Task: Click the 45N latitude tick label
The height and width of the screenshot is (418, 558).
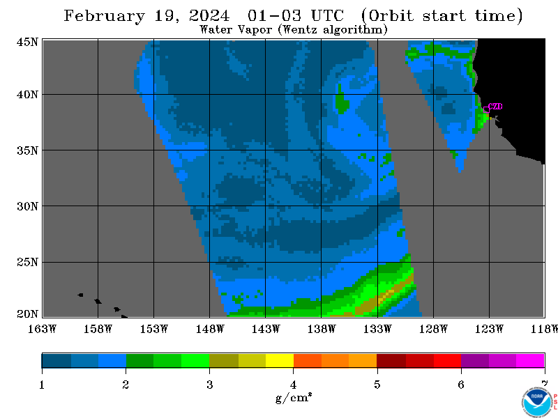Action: (x=27, y=42)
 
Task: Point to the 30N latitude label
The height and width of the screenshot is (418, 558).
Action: (x=27, y=206)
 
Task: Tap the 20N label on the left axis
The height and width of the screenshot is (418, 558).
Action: (x=27, y=314)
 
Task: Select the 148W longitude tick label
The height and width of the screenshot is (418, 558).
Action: (x=210, y=329)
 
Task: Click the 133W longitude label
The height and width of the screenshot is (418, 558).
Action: (x=377, y=329)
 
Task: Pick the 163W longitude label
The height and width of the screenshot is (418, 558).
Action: (x=43, y=329)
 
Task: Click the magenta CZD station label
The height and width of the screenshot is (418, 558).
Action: (x=495, y=107)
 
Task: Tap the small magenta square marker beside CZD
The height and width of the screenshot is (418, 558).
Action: (x=486, y=110)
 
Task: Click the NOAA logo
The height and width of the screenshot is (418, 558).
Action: (x=537, y=401)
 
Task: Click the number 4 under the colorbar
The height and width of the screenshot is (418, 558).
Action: (x=293, y=385)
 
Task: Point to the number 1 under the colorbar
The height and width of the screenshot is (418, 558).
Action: (x=42, y=385)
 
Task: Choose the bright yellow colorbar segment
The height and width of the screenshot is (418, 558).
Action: (x=280, y=360)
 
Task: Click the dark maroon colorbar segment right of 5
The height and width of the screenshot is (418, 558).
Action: (x=391, y=360)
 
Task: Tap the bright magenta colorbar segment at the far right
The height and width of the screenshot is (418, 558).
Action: (x=530, y=360)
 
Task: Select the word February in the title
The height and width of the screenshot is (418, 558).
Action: (x=105, y=16)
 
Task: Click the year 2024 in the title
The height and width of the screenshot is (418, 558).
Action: (x=210, y=16)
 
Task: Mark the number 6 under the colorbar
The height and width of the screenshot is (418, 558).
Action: (x=461, y=385)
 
